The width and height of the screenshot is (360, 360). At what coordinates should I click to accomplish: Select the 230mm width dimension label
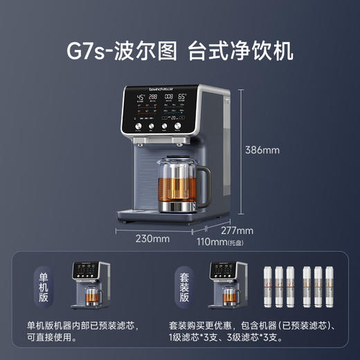click(x=152, y=240)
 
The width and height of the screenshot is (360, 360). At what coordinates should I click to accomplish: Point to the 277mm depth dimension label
click(x=237, y=231)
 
